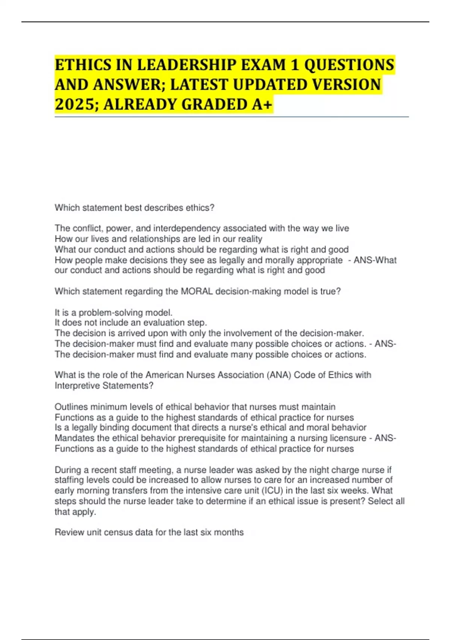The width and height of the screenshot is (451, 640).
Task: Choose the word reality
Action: click(x=250, y=239)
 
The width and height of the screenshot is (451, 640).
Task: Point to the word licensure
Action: click(x=348, y=438)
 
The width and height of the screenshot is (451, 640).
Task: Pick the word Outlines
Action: click(x=71, y=407)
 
